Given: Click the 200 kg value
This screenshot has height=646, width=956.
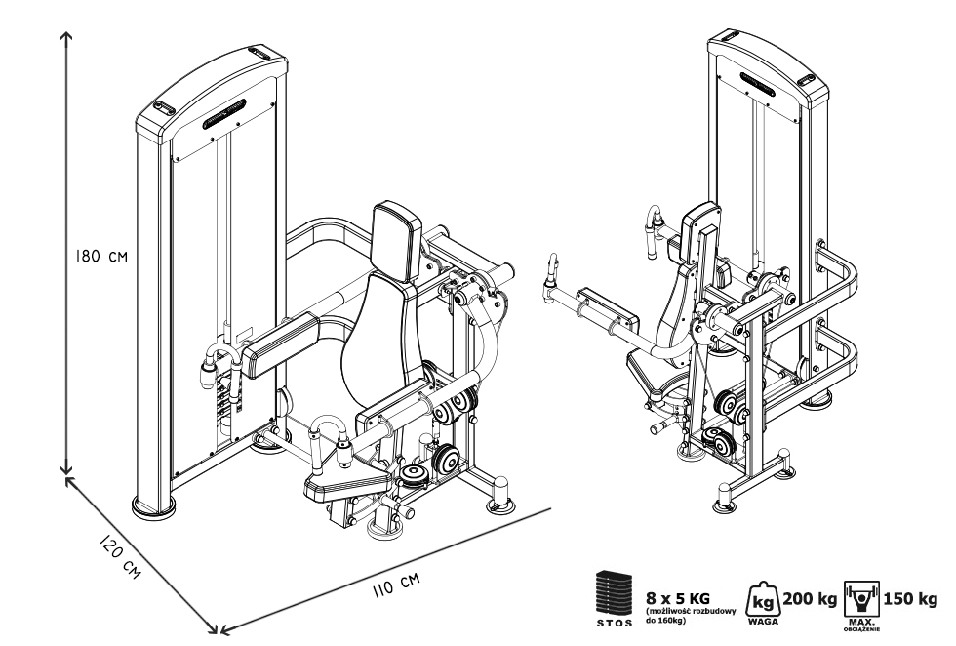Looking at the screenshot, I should coord(810,596).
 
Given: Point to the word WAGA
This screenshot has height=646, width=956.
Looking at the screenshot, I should coord(761,619).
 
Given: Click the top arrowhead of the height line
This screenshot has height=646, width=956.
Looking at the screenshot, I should coord(66,36).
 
